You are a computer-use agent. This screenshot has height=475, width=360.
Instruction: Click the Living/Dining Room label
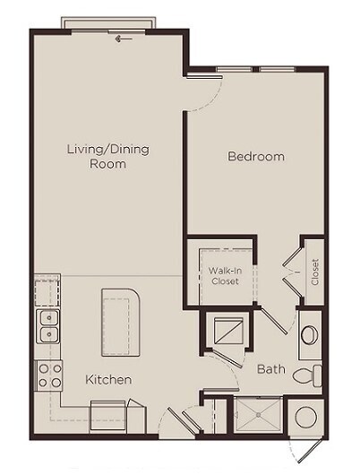pyautogui.click(x=107, y=156)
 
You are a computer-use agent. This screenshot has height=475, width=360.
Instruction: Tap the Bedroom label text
pyautogui.click(x=255, y=157)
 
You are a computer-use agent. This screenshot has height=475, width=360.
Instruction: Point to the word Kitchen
pyautogui.click(x=108, y=380)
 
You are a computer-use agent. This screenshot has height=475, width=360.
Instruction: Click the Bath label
pyautogui.click(x=271, y=368)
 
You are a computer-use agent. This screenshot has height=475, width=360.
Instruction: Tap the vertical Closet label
pyautogui.click(x=314, y=272)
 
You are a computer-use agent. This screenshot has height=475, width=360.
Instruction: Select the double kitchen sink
pyautogui.click(x=47, y=327)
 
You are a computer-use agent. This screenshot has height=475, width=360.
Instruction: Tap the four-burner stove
pyautogui.click(x=47, y=375)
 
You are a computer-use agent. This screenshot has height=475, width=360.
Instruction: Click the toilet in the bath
pyautogui.click(x=308, y=375)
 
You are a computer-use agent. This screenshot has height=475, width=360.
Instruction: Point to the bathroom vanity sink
pyautogui.click(x=309, y=336)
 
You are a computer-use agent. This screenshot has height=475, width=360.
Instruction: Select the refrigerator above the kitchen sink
pyautogui.click(x=47, y=291)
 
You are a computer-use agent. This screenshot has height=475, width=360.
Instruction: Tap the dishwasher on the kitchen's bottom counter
pyautogui.click(x=110, y=413)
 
